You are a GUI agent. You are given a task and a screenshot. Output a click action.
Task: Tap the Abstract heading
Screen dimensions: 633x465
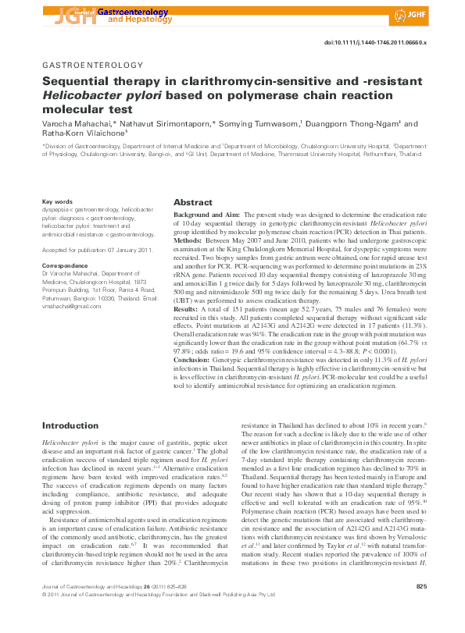[x=193, y=201]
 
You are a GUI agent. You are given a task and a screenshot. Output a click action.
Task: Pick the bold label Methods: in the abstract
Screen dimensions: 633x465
[x=190, y=240]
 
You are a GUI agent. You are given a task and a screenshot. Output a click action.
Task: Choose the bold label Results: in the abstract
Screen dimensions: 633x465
[x=188, y=310]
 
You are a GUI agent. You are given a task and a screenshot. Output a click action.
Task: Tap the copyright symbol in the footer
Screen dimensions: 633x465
[x=44, y=616]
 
